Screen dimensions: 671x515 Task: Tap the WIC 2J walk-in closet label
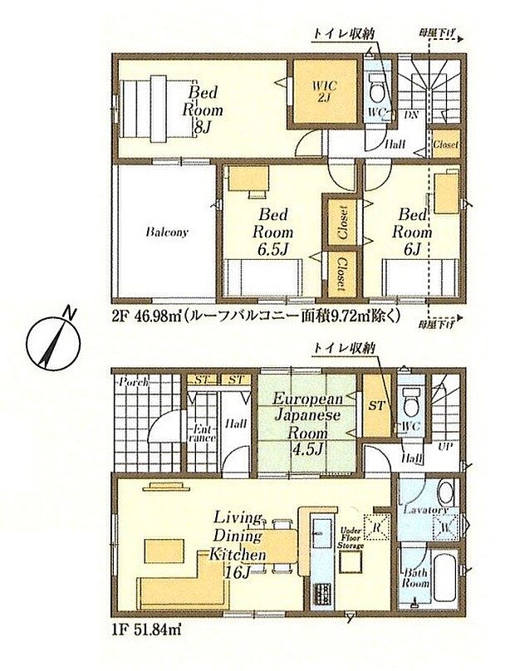point(323,91)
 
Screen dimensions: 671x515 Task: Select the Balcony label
point(166,233)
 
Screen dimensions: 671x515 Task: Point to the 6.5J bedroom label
point(271,233)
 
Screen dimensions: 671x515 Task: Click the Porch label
point(134,382)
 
